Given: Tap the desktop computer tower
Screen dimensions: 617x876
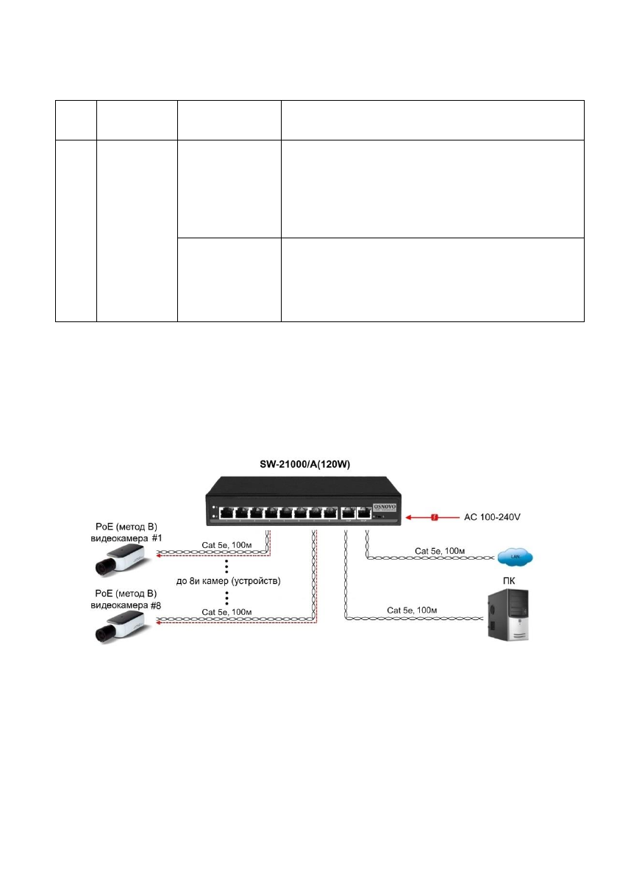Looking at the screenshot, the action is [508, 619].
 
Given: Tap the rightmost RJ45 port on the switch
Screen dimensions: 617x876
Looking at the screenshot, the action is [363, 513].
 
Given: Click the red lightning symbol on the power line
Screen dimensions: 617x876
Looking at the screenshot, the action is [435, 517].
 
